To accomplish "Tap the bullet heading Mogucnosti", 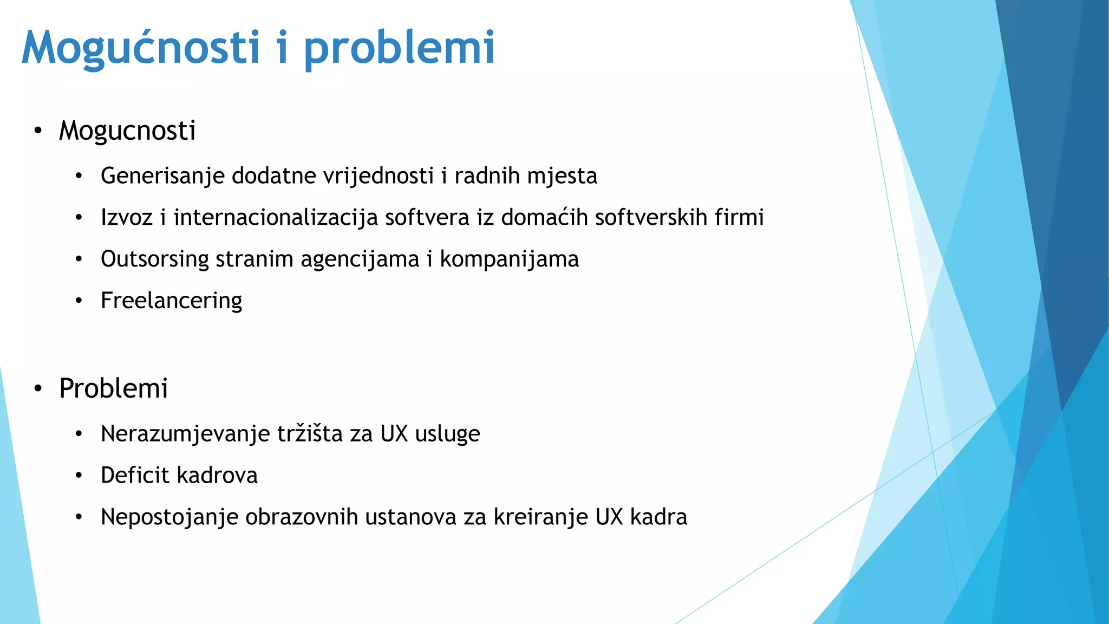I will (x=127, y=131).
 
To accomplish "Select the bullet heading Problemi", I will (x=113, y=388).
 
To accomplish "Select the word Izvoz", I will (x=127, y=217).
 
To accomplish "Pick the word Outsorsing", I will (x=155, y=259).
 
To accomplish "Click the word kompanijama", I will (x=509, y=259).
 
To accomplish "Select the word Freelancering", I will (x=171, y=301).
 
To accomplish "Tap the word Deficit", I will (x=135, y=476).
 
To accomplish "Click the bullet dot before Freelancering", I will (x=79, y=301).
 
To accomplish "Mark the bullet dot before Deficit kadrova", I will (x=79, y=476).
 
